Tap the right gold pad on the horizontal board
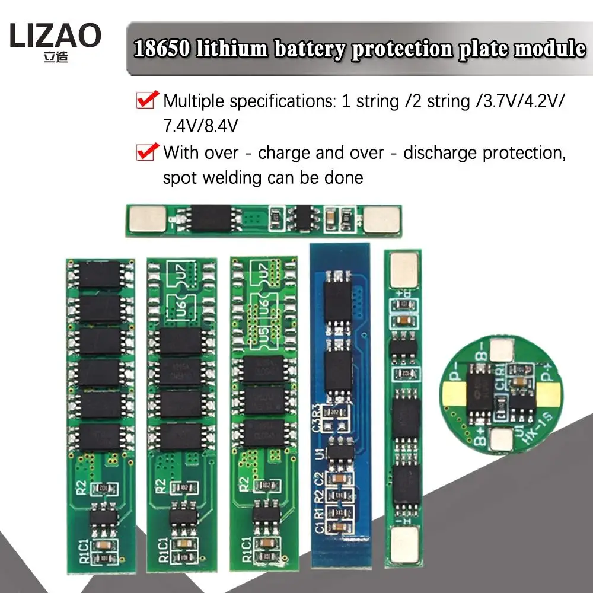tap(381, 219)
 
